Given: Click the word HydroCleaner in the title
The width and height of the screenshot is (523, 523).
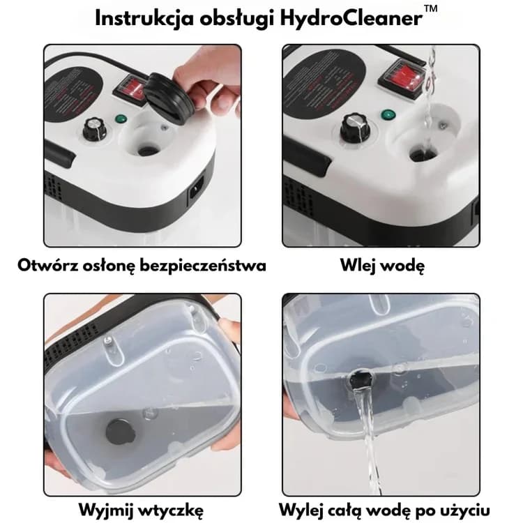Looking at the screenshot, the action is [x=351, y=18].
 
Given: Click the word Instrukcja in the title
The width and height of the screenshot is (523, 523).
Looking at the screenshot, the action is [x=144, y=18].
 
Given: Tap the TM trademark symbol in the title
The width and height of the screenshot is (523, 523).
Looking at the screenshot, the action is [x=431, y=8].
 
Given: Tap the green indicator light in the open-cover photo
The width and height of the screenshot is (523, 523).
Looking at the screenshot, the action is [x=120, y=119].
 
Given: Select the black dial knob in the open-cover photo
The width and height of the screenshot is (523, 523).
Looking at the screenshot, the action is [x=94, y=129].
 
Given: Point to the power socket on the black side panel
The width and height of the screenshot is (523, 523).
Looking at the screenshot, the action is [x=197, y=191].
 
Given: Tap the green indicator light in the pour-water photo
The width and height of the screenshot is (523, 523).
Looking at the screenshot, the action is [x=388, y=115].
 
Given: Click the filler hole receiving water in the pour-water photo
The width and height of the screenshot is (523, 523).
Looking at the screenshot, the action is [x=423, y=154].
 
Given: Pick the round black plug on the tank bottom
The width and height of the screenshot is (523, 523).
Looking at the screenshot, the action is [x=120, y=432].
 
